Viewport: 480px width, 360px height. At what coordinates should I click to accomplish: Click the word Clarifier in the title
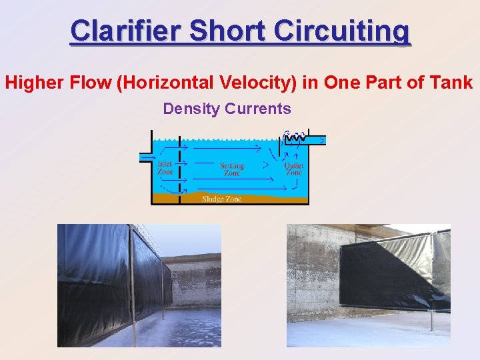click(x=126, y=31)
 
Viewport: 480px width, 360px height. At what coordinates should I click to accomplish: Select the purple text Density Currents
click(x=227, y=109)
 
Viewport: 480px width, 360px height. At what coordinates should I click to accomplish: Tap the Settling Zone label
click(x=231, y=169)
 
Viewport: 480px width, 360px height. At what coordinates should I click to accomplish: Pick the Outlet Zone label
click(x=293, y=169)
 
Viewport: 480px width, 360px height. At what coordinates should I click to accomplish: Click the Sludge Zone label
click(x=222, y=199)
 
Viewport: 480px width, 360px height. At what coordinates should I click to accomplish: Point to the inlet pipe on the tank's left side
click(x=145, y=157)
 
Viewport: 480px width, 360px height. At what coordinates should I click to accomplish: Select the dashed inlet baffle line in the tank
click(x=179, y=167)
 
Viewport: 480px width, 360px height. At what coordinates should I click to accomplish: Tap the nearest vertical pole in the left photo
click(x=131, y=287)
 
